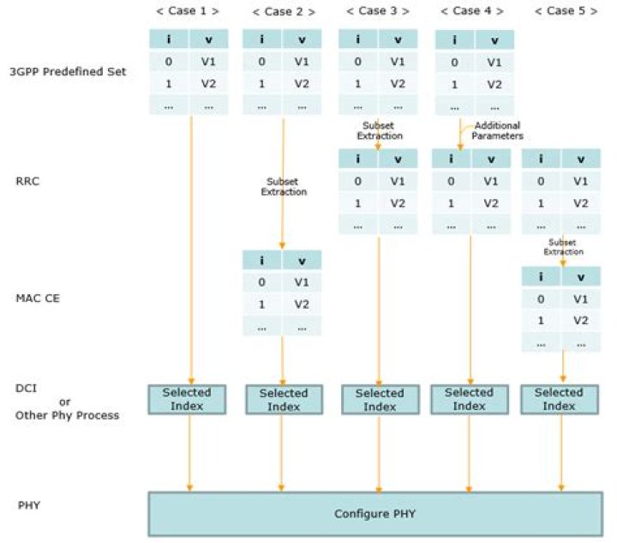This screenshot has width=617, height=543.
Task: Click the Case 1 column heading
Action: [x=188, y=11]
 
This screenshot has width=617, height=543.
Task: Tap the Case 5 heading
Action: [x=566, y=11]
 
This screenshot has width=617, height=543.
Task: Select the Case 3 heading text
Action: [x=377, y=11]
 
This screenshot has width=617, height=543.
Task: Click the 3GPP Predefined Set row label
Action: [x=68, y=72]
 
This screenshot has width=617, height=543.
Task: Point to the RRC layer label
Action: [x=27, y=181]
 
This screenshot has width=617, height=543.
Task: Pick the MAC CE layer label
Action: [x=38, y=298]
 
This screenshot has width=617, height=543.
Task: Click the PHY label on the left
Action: [x=29, y=505]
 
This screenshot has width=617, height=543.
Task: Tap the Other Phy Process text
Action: [x=67, y=415]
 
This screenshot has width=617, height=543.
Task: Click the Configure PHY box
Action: [x=375, y=514]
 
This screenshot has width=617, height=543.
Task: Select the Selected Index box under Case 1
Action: [x=187, y=399]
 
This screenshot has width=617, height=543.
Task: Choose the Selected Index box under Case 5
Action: [x=560, y=399]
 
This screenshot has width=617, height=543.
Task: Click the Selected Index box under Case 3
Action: [x=380, y=400]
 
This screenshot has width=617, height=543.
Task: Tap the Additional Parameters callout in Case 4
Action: [x=497, y=130]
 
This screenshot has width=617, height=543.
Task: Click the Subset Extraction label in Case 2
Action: [x=284, y=187]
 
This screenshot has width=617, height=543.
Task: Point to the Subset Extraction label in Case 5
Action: [x=563, y=247]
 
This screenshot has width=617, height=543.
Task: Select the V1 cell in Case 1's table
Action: [x=208, y=62]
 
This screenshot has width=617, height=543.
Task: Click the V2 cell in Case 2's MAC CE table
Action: [x=302, y=305]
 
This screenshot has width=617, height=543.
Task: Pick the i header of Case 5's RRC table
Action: [x=541, y=159]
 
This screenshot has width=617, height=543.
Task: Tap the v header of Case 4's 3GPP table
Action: [x=494, y=39]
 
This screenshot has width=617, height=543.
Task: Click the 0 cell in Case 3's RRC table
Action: [x=357, y=181]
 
